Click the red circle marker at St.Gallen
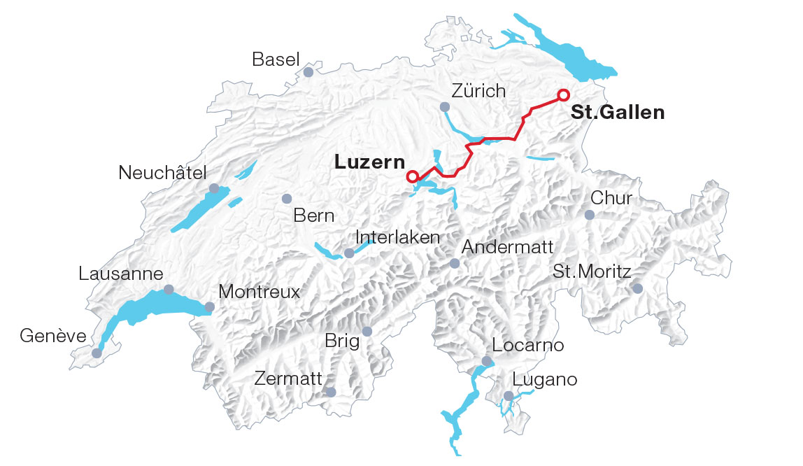click(564, 94)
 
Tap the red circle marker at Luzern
click(413, 176)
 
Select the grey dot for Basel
click(308, 71)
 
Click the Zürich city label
click(478, 91)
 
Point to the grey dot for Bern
click(286, 199)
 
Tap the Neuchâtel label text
click(163, 172)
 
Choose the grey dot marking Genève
click(97, 353)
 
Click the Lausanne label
click(121, 274)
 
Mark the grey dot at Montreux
click(210, 306)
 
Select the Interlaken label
click(398, 237)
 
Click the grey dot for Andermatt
click(455, 263)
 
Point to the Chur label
click(611, 198)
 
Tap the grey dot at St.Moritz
click(637, 288)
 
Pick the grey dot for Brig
click(368, 331)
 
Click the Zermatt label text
click(288, 379)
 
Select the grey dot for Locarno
click(487, 361)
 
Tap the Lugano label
click(545, 379)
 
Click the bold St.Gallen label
click(618, 112)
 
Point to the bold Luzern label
click(369, 162)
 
